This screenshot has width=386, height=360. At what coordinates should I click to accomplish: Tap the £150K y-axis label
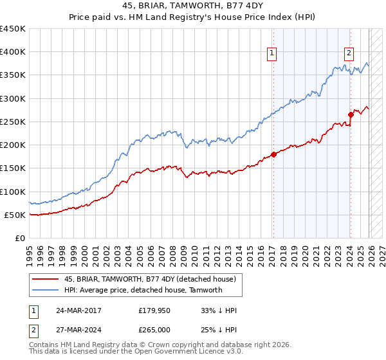click(13, 168)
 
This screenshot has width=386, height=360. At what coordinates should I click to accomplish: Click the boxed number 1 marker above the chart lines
click(272, 54)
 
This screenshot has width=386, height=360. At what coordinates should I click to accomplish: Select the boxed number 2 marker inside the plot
click(349, 54)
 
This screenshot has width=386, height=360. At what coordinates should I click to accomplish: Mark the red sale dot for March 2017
click(273, 154)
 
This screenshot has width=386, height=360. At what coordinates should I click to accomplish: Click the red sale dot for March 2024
click(351, 115)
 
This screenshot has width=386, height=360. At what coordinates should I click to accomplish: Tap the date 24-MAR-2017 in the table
click(78, 310)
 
